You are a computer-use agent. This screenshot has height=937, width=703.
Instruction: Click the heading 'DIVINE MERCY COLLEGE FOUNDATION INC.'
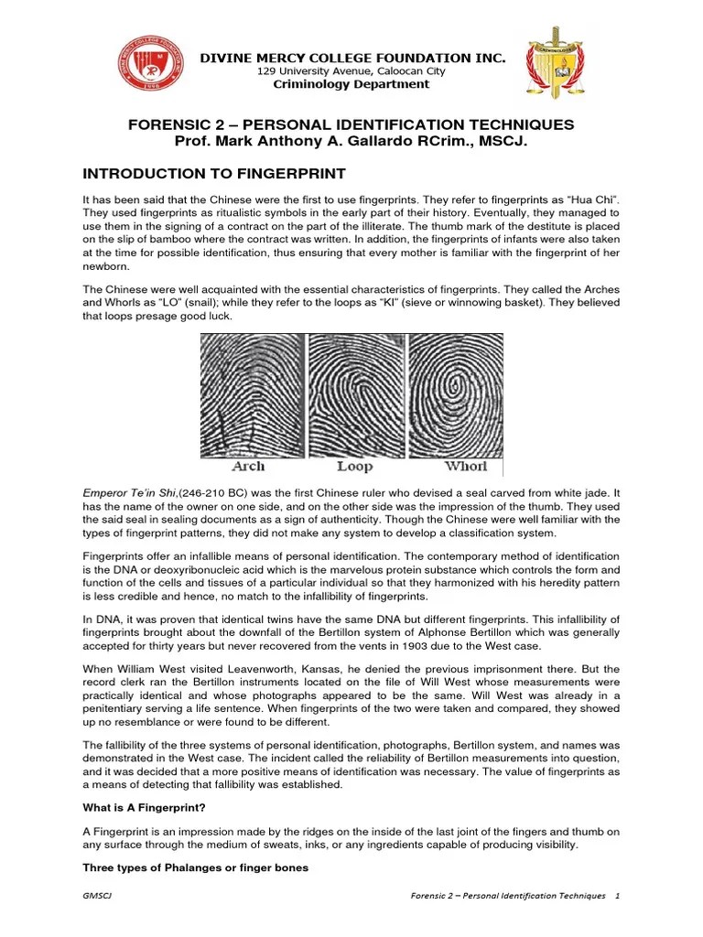point(352,58)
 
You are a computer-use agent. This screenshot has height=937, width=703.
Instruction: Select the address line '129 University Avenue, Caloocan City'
point(351,71)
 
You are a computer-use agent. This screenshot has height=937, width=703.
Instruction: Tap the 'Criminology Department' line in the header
point(351,84)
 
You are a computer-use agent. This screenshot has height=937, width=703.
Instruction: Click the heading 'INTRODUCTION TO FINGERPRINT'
point(215,173)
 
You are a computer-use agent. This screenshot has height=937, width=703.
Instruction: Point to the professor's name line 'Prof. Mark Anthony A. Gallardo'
point(351,142)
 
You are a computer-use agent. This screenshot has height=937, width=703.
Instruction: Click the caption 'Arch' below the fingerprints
point(248,466)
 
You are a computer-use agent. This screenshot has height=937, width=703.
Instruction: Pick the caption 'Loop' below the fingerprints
point(354,466)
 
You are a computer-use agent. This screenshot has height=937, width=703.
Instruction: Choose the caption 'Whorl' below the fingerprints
point(467,466)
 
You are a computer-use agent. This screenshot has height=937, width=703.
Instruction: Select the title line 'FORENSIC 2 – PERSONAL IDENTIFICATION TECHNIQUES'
point(351,124)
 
